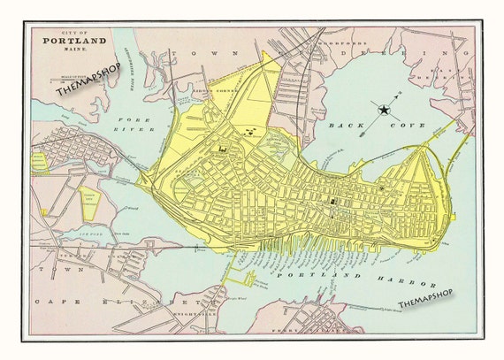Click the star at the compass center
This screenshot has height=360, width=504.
point(385,110)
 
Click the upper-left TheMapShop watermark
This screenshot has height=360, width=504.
point(88,83)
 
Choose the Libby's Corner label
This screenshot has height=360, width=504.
point(215,89)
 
